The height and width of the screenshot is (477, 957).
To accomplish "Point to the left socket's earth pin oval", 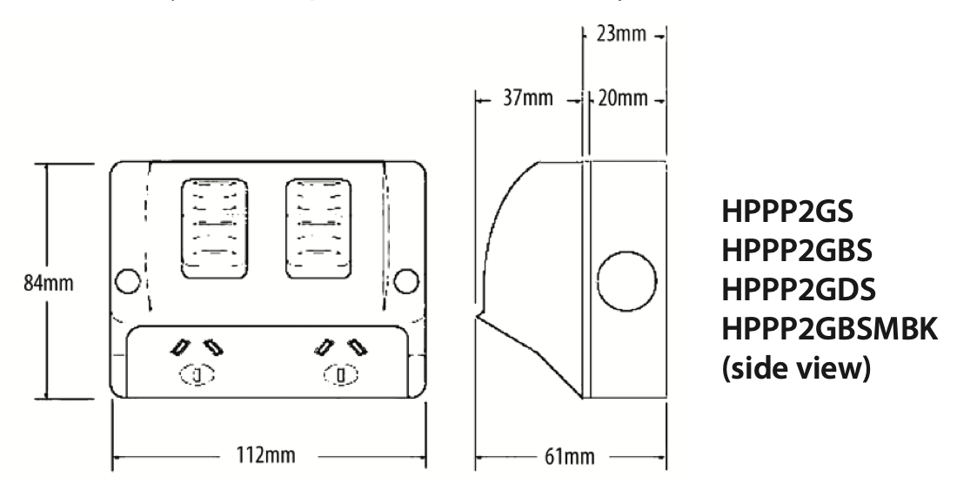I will click(x=197, y=376).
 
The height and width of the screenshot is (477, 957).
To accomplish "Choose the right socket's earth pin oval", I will click(x=341, y=376).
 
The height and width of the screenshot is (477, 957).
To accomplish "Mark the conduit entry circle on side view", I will click(x=626, y=284).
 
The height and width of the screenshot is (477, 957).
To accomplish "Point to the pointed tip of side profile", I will click(x=478, y=316).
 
